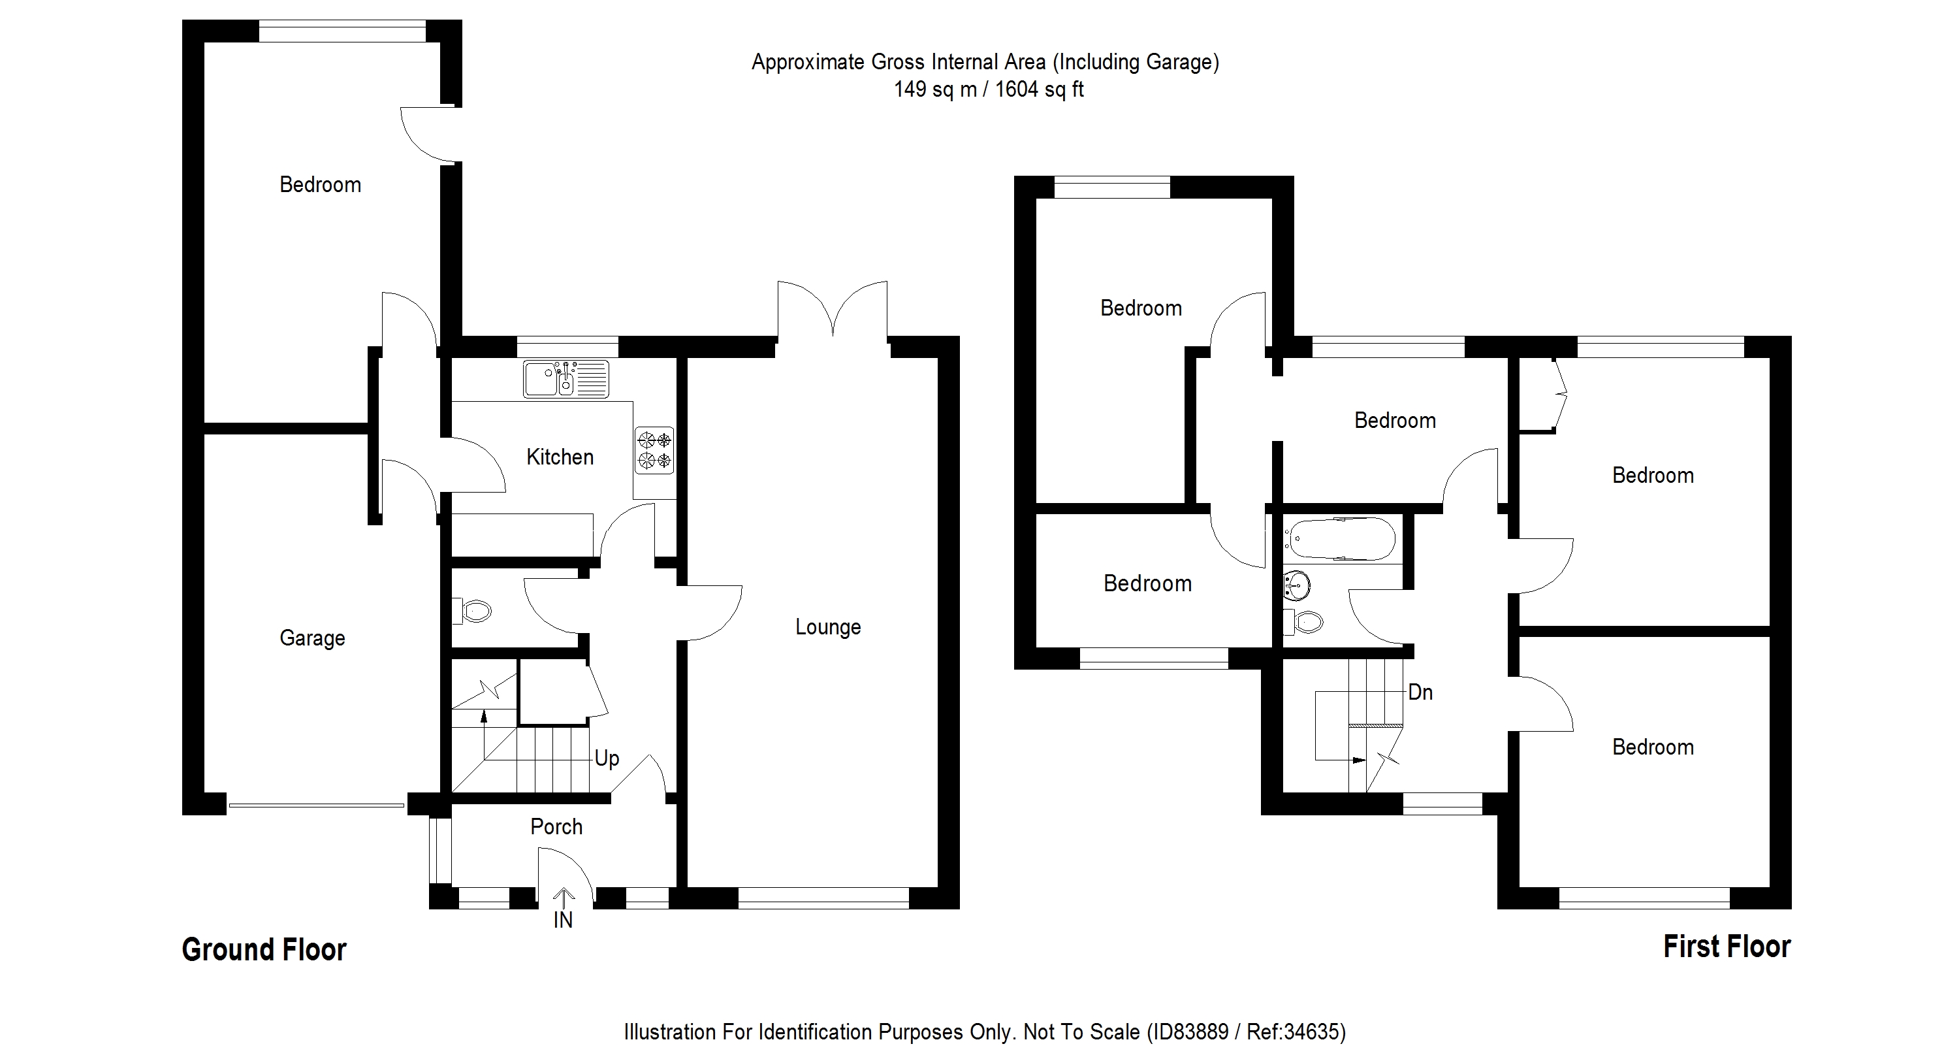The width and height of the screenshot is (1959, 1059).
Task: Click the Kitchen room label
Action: pyautogui.click(x=560, y=457)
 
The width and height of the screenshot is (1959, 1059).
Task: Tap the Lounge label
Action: pyautogui.click(x=828, y=628)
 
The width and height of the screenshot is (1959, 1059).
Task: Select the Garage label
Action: pyautogui.click(x=311, y=638)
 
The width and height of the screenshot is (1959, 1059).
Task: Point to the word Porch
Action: pyautogui.click(x=556, y=827)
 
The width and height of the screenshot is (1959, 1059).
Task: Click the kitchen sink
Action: pyautogui.click(x=565, y=380)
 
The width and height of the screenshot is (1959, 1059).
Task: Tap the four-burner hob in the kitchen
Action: pyautogui.click(x=655, y=450)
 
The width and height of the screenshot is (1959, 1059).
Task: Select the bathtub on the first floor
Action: pyautogui.click(x=1343, y=540)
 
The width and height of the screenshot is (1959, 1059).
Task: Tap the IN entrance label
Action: pyautogui.click(x=563, y=921)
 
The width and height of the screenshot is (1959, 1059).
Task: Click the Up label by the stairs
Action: pyautogui.click(x=607, y=758)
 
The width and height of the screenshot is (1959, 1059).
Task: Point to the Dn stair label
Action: pyautogui.click(x=1420, y=692)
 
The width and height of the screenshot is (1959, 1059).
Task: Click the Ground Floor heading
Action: pyautogui.click(x=264, y=949)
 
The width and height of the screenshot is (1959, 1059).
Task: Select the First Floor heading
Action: pyautogui.click(x=1727, y=947)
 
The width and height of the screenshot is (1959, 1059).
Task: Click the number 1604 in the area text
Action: pyautogui.click(x=1016, y=90)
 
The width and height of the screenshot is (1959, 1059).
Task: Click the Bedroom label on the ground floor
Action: pyautogui.click(x=320, y=185)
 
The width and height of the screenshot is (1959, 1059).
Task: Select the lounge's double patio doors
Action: pyautogui.click(x=833, y=312)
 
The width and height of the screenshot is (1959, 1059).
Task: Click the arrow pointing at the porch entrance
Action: pyautogui.click(x=564, y=897)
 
